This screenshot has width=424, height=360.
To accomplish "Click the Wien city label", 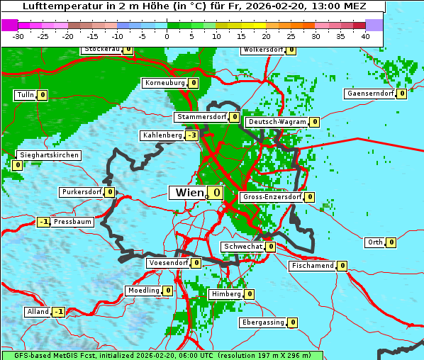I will pos(189,193).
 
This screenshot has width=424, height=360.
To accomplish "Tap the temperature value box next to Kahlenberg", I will pos(191,135).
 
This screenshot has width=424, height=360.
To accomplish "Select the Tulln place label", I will pos(25,95).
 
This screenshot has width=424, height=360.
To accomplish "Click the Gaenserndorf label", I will pos(370,94).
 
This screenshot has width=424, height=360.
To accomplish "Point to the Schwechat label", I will pos(242,247).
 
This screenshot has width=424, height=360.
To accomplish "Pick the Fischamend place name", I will pos(312,266).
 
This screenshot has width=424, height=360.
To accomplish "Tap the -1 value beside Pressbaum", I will pos(44,222).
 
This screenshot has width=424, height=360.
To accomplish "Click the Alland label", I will pos(38,312).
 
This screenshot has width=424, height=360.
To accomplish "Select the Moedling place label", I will pos(143,291).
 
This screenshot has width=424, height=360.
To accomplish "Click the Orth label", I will pos(374,242).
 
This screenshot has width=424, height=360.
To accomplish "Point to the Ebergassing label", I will pos(263,322).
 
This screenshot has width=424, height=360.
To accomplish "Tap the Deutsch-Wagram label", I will pos(277,122).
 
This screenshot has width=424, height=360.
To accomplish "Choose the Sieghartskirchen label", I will pos(48,155).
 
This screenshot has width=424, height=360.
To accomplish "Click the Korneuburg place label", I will pos(164,83).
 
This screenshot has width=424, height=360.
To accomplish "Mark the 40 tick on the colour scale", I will pos(365,35).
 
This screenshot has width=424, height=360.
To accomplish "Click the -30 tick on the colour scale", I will pos(18,35).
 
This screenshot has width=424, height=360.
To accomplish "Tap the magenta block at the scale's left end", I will pos(9,25).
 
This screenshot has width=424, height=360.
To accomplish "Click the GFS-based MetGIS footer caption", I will pos(162,355).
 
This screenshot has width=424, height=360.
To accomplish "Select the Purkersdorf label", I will pos(82,192).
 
